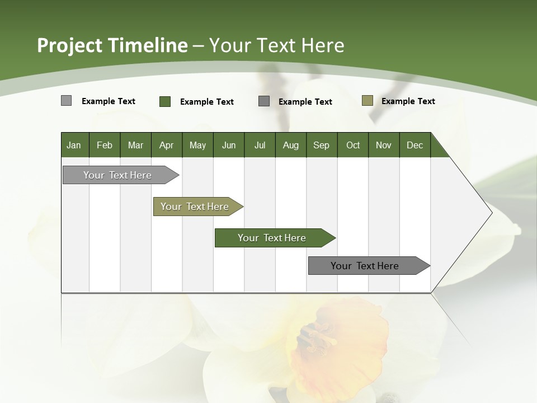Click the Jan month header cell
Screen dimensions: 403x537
click(x=74, y=145)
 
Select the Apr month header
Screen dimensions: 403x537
click(x=166, y=145)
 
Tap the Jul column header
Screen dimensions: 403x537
click(x=260, y=145)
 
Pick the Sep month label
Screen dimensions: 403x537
click(x=321, y=145)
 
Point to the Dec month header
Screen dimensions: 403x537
click(x=414, y=145)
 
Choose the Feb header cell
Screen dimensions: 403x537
click(x=105, y=145)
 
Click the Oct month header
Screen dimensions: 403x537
click(x=353, y=145)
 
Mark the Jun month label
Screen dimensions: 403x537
click(x=229, y=145)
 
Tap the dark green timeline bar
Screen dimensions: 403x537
click(x=272, y=238)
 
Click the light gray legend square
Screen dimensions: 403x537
click(x=66, y=101)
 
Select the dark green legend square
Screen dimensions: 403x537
click(x=165, y=101)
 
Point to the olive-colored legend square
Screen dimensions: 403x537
click(x=368, y=101)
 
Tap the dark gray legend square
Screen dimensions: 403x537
click(x=264, y=101)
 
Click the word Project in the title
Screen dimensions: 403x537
click(x=70, y=45)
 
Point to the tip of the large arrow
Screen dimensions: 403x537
click(x=491, y=213)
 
